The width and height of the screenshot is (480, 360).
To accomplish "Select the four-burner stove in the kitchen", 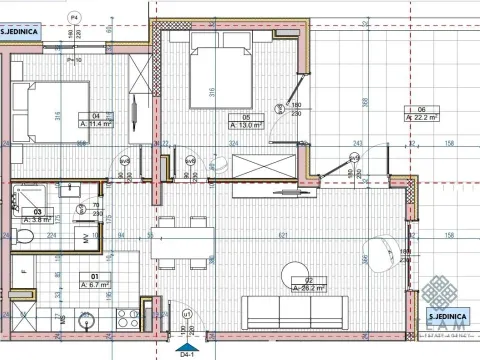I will [x=126, y=320].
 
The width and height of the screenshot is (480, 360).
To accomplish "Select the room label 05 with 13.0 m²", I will [x=246, y=122].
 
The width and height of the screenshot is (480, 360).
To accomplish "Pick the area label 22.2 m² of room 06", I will [x=422, y=113].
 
